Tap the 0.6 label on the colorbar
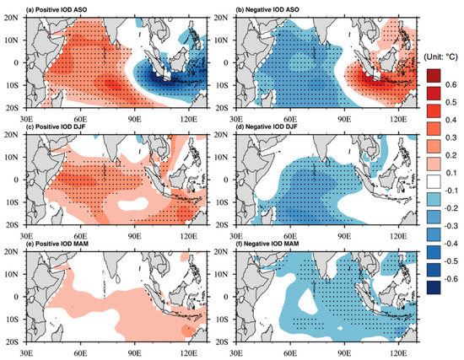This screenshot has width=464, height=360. pos(451,86)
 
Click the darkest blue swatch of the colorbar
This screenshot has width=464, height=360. pos(434,287)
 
